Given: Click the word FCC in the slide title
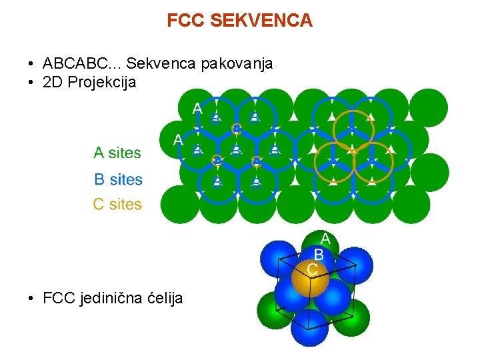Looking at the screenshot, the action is click(x=186, y=21).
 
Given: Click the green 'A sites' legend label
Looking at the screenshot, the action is click(x=117, y=153).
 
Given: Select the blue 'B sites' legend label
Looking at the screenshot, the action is click(x=118, y=179).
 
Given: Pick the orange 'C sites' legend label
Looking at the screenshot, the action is click(x=117, y=204).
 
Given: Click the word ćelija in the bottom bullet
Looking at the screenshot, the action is click(x=163, y=298).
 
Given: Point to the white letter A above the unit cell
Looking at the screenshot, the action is click(x=325, y=239).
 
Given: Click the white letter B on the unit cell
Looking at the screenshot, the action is click(x=319, y=255).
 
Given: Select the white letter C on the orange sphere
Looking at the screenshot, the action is click(x=312, y=269).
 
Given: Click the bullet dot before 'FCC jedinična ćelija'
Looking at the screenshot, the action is click(x=31, y=299).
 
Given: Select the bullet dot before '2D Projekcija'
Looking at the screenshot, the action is click(x=31, y=83).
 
